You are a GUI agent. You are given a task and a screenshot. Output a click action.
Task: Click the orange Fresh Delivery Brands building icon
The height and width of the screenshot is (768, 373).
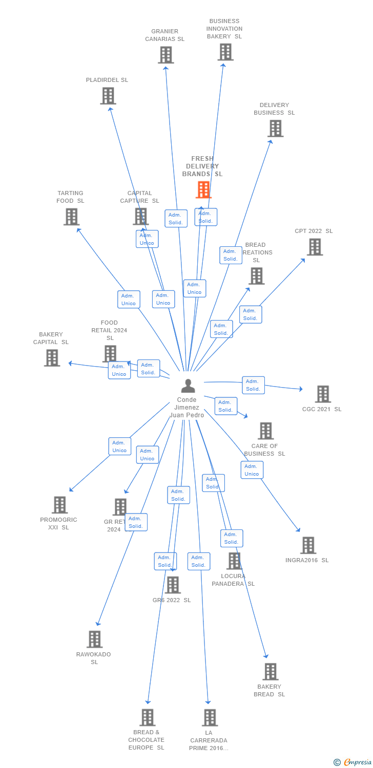[x=203, y=190]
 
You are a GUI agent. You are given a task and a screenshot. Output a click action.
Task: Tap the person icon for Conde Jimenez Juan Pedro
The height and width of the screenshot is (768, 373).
[x=188, y=386]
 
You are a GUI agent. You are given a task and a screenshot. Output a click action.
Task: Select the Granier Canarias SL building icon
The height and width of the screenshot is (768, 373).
[x=165, y=55]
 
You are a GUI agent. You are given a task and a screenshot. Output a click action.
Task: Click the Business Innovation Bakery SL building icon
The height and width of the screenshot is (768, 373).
[x=225, y=52]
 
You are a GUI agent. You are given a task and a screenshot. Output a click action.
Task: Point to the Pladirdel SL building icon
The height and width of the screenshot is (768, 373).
[x=108, y=96]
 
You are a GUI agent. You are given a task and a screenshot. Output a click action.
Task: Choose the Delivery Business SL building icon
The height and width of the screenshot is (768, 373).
[x=275, y=129]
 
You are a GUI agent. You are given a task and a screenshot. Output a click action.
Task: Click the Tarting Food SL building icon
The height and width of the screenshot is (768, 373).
[x=71, y=217]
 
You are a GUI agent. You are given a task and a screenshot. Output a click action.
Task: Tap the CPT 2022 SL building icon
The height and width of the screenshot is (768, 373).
[x=315, y=247]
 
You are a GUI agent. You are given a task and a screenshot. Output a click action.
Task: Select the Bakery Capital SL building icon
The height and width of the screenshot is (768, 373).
[x=52, y=358]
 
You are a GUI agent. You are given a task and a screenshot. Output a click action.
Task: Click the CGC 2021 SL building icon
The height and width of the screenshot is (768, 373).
[x=323, y=394]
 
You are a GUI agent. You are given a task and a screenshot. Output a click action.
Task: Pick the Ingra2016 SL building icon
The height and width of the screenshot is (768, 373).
[x=308, y=545]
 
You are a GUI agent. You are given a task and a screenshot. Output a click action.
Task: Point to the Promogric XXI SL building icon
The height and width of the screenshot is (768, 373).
[x=59, y=505]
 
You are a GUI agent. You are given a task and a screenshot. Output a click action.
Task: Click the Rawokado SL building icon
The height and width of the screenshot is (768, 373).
[x=94, y=639]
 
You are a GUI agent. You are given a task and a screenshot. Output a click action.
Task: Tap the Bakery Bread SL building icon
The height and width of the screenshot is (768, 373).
[x=270, y=671]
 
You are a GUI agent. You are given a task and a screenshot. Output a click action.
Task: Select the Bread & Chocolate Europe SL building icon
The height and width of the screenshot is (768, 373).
[x=148, y=717]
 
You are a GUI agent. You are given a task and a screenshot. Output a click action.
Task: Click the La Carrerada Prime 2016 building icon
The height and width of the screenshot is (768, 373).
[x=209, y=718]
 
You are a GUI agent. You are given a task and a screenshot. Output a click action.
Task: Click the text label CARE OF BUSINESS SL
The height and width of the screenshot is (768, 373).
[x=264, y=450]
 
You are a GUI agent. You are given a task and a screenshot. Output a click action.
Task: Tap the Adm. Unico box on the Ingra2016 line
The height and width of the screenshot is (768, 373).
[x=252, y=470]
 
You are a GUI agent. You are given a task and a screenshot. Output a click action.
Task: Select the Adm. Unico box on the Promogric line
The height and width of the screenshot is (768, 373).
[x=119, y=446]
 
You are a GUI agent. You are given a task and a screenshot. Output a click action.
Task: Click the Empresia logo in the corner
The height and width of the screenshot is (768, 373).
[x=353, y=762]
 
